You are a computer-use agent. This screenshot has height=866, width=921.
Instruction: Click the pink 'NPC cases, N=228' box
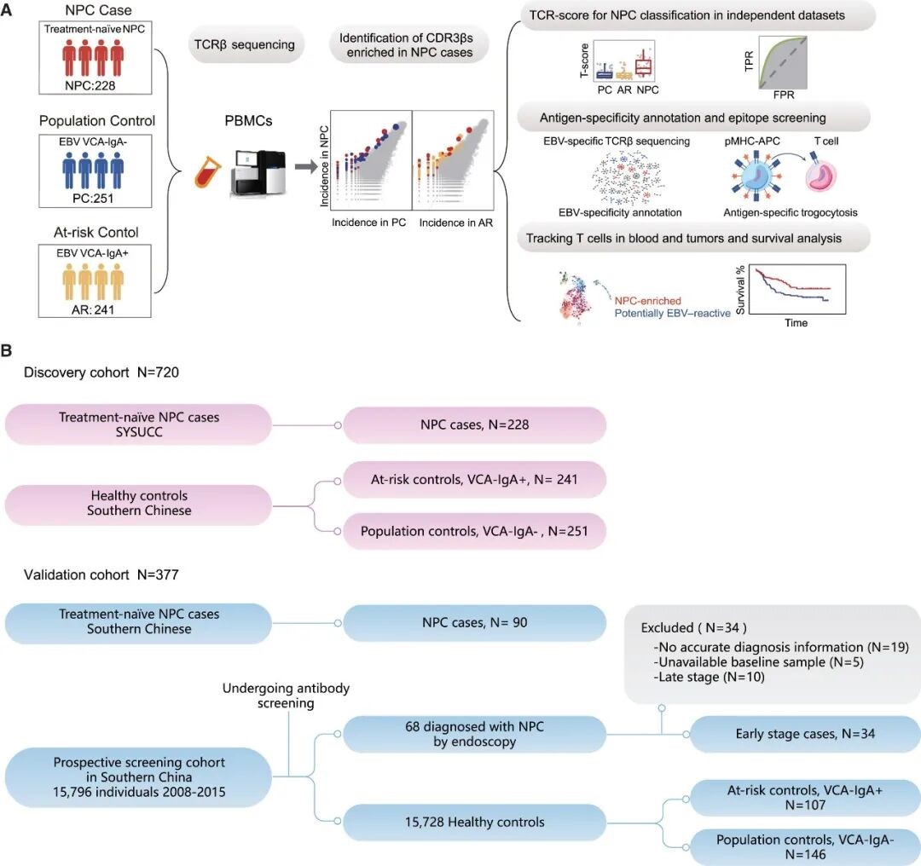point(474,424)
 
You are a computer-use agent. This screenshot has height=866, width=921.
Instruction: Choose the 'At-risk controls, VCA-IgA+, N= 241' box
point(474,480)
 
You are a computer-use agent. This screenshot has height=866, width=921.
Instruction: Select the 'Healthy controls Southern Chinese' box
point(138,503)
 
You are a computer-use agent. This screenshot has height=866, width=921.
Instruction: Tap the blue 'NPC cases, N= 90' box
point(474,623)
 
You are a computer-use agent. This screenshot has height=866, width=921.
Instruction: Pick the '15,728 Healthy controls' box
point(474,822)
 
